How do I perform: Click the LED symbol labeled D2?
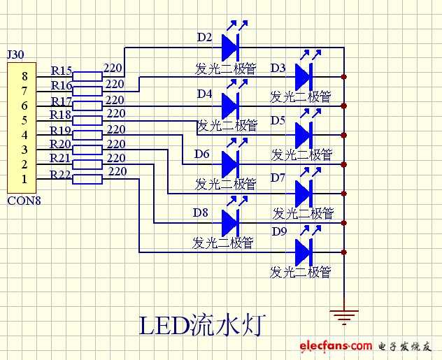pos(231,48)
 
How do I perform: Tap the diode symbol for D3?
pos(304,75)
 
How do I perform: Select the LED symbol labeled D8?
pos(231,223)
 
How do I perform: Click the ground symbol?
pos(343,317)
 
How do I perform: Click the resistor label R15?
pos(62,71)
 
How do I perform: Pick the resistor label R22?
pos(62,174)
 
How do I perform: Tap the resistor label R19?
pos(62,129)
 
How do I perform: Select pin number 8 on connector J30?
pos(24,75)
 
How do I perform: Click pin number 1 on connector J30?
pos(24,180)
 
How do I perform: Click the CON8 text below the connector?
pos(24,201)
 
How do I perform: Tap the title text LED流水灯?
pos(203,325)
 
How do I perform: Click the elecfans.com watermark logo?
pos(336,345)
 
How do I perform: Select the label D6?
pos(202,153)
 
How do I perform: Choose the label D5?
pos(278,120)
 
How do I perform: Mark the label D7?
pos(278,178)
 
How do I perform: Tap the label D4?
pos(204,93)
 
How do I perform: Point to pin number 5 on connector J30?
pos(24,120)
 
